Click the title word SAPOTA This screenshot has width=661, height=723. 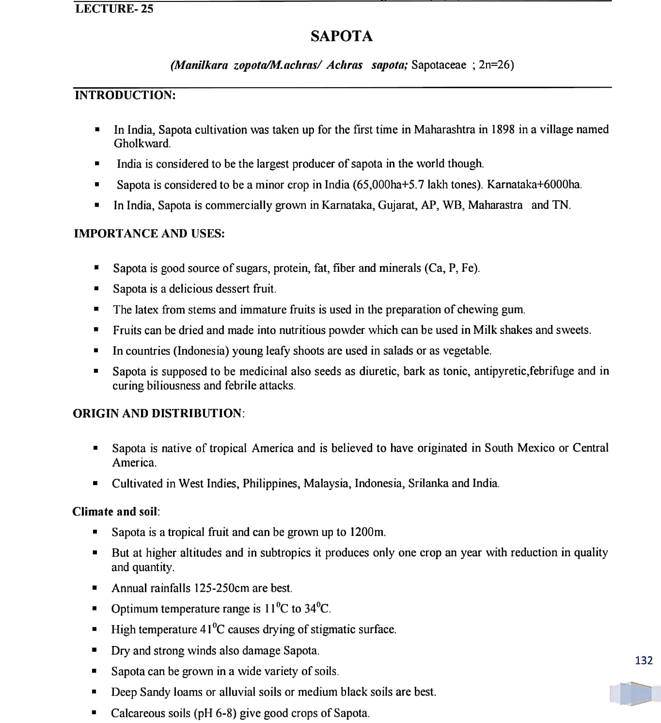(x=342, y=36)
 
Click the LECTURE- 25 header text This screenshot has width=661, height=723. (x=114, y=8)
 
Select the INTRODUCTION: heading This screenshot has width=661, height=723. (x=125, y=95)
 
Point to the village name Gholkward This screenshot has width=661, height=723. (x=142, y=143)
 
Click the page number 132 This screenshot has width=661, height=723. (x=644, y=660)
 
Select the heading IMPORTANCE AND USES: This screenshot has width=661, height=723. (x=149, y=234)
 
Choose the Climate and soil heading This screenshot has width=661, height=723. (x=115, y=512)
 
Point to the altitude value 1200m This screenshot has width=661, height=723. (x=367, y=532)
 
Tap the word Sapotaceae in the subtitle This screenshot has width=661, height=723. (x=438, y=65)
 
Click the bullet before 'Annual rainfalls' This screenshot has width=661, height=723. (x=94, y=588)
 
